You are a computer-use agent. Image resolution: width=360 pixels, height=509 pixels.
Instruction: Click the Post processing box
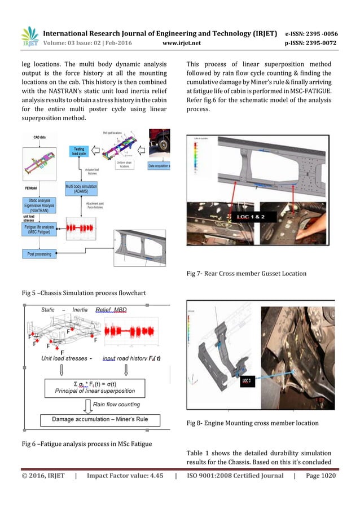(x=39, y=254)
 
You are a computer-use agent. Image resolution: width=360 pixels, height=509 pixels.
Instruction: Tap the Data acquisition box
(x=160, y=166)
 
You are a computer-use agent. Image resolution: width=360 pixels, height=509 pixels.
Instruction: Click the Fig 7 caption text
(x=246, y=274)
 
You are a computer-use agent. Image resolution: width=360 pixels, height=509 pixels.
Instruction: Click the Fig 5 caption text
(x=72, y=293)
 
